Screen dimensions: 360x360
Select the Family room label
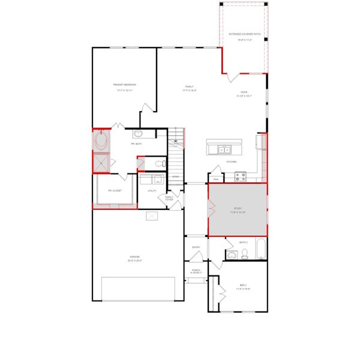[x=189, y=88]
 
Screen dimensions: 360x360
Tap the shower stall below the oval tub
[x=101, y=163]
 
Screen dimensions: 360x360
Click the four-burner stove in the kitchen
[x=240, y=176]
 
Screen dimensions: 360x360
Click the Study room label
[x=238, y=211]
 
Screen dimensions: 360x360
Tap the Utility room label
[x=152, y=191]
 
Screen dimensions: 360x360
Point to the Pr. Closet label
[x=115, y=191]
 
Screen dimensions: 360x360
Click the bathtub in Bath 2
[x=260, y=250]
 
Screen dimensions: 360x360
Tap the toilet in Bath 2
[x=244, y=255]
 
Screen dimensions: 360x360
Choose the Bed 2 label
[x=244, y=287]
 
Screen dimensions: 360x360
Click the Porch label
[x=196, y=271]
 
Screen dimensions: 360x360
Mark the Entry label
[x=196, y=247]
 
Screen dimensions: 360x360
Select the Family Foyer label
[x=169, y=198]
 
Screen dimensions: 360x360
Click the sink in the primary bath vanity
[x=138, y=134]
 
